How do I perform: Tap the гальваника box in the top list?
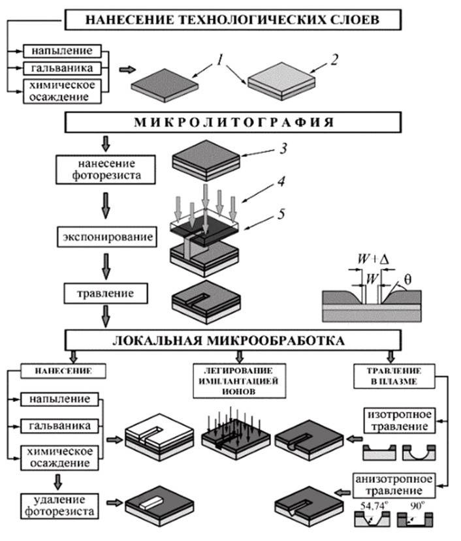pyautogui.click(x=62, y=68)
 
